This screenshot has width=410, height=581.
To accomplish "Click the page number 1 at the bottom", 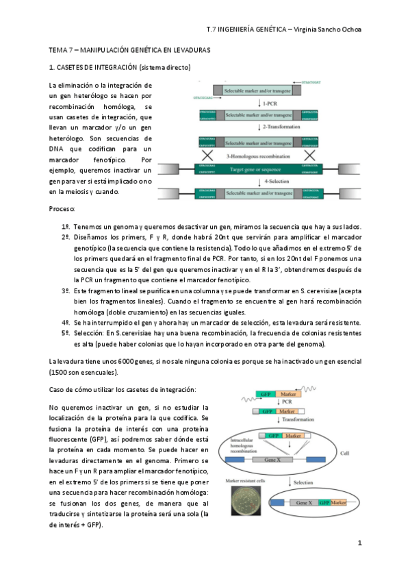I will coord(359,543).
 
